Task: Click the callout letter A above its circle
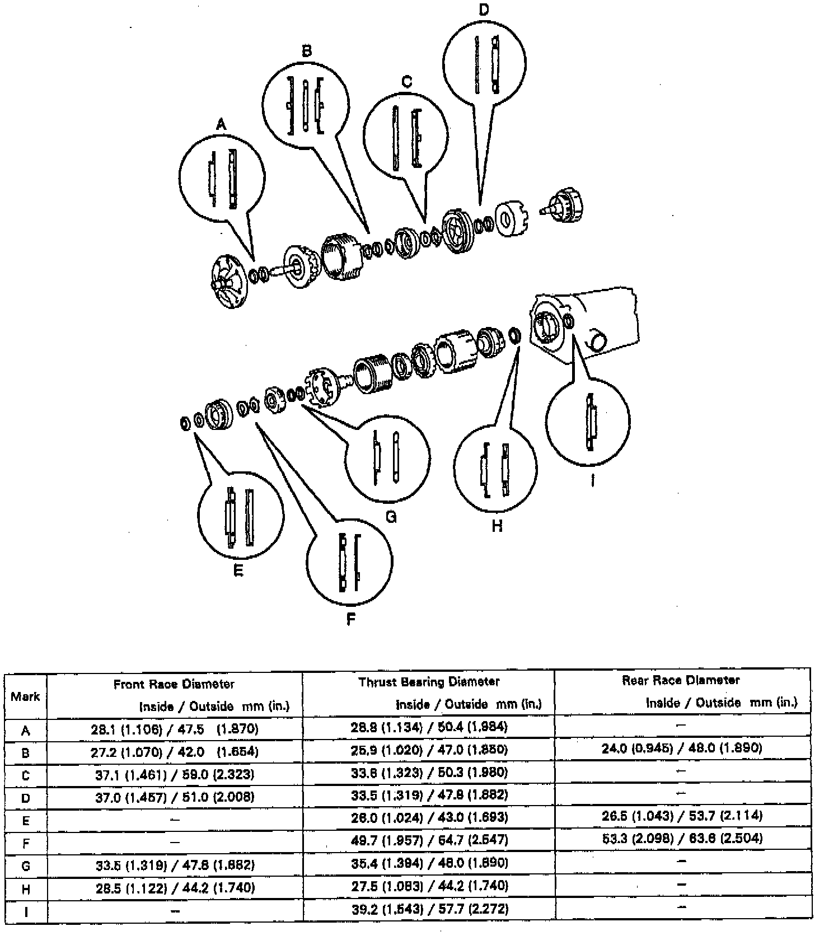click(x=221, y=124)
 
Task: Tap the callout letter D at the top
click(x=484, y=10)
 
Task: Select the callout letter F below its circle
click(x=351, y=619)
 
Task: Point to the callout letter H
click(x=497, y=526)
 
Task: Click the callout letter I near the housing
click(x=593, y=480)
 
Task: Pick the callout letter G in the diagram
click(x=391, y=517)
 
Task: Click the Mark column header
click(x=25, y=696)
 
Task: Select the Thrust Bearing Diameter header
click(x=429, y=682)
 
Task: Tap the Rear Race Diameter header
click(x=681, y=680)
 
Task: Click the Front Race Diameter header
click(x=174, y=684)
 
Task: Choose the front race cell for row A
click(x=175, y=729)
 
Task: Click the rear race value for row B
click(x=682, y=748)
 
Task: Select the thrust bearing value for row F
click(x=429, y=840)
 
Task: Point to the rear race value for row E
click(x=682, y=816)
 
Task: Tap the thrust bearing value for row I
click(x=429, y=909)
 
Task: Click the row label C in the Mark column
click(x=25, y=776)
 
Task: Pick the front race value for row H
click(x=175, y=888)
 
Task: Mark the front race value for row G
click(x=175, y=865)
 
